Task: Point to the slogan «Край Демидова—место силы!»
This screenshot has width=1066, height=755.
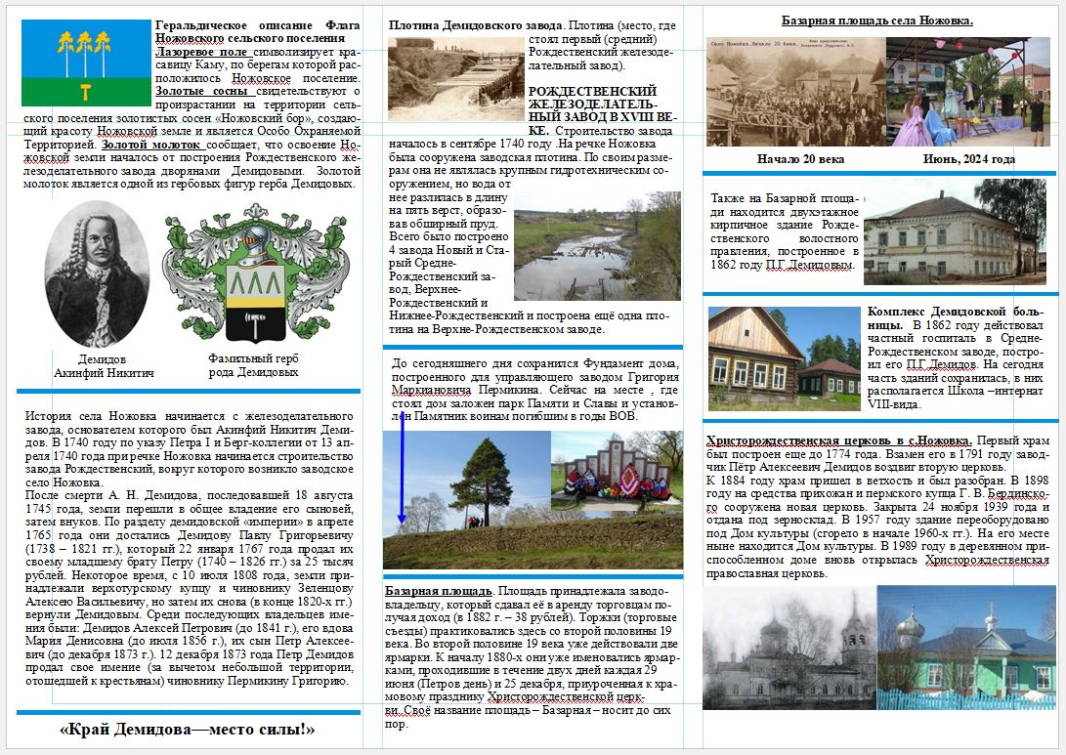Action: tap(187, 729)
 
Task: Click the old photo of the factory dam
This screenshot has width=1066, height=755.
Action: tap(455, 79)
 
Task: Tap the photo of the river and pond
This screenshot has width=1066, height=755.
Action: tap(596, 246)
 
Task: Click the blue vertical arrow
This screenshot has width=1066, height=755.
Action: tap(402, 479)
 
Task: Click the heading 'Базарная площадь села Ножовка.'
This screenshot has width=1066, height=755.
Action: tap(876, 21)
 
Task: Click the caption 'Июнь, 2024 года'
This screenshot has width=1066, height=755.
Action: tap(968, 158)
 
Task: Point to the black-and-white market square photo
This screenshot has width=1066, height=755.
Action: tap(794, 92)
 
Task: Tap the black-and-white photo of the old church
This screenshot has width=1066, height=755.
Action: tap(789, 647)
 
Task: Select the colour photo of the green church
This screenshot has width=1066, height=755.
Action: tap(967, 647)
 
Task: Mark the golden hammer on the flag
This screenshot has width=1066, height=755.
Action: tap(86, 93)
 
